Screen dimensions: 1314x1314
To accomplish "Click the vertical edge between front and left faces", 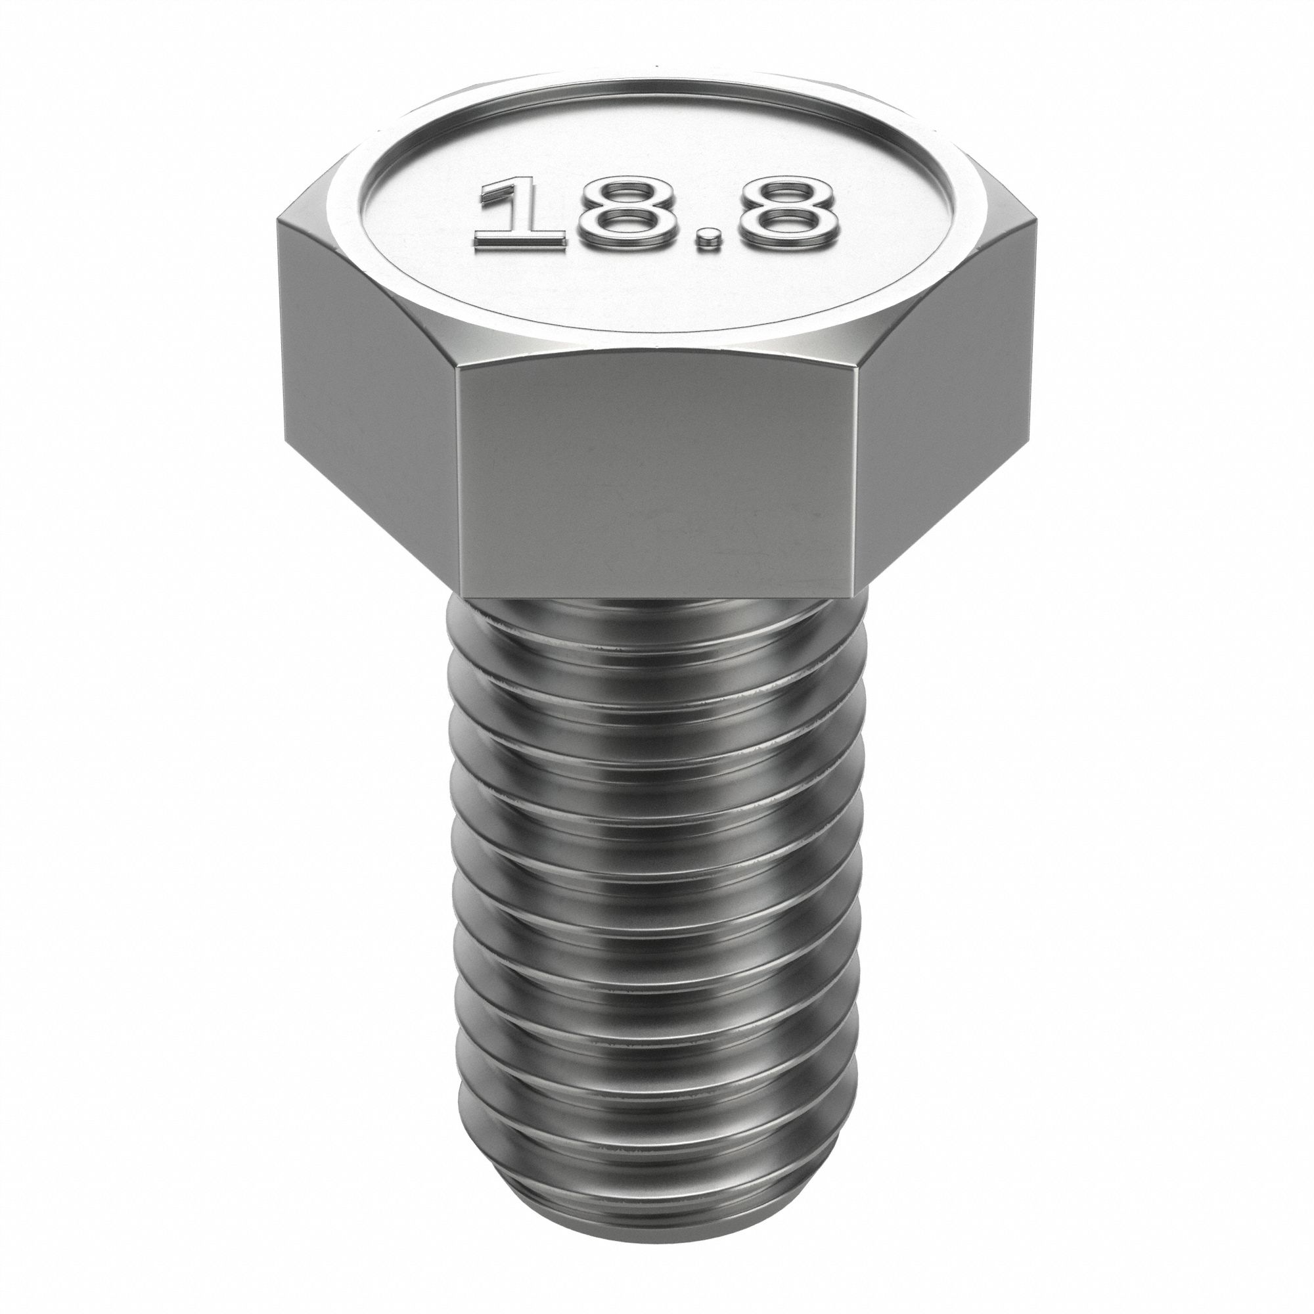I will pos(458,476).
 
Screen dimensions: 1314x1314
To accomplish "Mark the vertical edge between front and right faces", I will pos(855,476).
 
